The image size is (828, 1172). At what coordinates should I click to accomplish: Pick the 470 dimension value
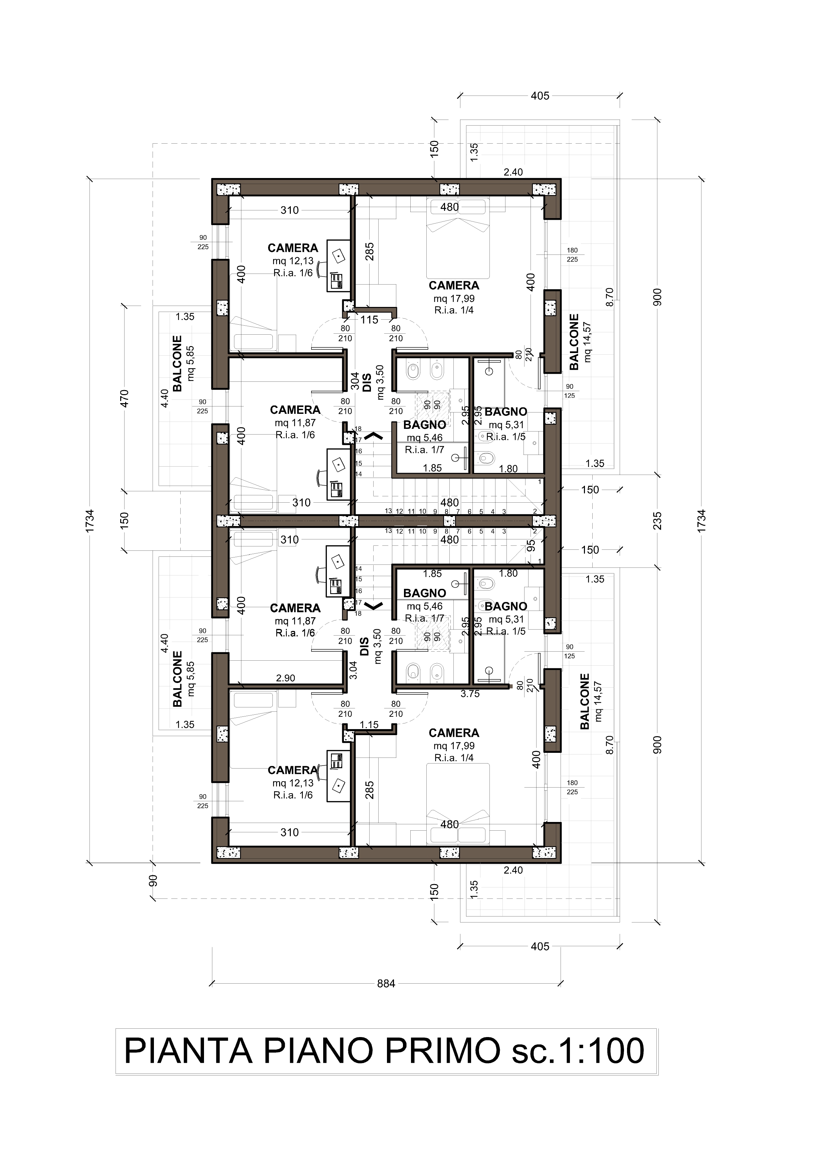[125, 398]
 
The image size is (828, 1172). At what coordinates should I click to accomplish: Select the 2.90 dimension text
[286, 678]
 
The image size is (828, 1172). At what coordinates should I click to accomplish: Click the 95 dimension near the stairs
[531, 546]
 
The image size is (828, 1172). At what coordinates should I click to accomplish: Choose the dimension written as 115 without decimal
[369, 320]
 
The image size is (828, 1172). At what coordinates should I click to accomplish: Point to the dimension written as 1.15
[369, 724]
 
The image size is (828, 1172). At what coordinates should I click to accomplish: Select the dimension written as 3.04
[353, 670]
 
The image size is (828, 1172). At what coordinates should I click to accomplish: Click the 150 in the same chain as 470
[125, 520]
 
